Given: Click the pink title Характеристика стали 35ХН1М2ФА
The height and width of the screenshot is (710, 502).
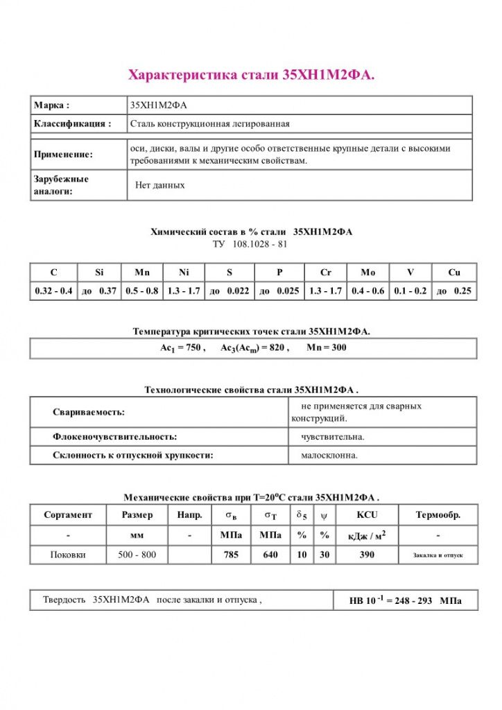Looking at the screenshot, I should tap(252, 75).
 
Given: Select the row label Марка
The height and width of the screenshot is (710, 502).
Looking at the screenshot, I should tap(52, 105).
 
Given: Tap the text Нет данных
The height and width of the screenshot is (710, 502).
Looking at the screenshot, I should tap(160, 186).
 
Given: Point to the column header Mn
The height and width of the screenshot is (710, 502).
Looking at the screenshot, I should tap(142, 272).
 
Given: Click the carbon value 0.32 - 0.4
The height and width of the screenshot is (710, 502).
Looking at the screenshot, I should tap(54, 291).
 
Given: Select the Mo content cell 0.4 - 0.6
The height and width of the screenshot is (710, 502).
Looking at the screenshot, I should tap(367, 291).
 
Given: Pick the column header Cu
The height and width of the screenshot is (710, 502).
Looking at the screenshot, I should tap(453, 272).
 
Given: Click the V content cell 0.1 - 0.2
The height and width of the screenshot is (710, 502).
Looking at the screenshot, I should tap(411, 291).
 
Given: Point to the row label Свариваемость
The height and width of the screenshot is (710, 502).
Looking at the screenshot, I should tap(89, 412).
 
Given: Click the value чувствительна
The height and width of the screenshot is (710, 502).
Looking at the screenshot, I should tap(333, 437).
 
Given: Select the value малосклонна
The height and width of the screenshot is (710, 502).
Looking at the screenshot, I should tap(329, 456).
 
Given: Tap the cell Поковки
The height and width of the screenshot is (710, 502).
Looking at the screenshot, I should tap(68, 555).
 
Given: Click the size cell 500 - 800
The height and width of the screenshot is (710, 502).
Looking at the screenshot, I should tap(137, 555).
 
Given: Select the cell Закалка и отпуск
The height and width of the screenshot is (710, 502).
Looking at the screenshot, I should tap(438, 555).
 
